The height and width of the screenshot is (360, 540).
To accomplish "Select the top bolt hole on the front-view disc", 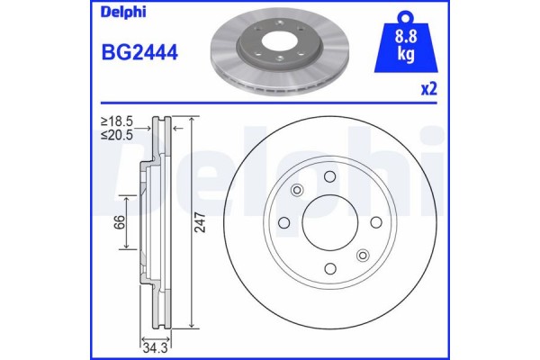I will click(329, 176).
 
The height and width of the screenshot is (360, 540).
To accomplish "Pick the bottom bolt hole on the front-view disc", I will click(329, 268).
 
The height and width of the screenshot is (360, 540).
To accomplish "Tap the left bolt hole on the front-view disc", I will click(283, 222).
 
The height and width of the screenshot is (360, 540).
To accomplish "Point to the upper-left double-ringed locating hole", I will click(297, 190).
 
